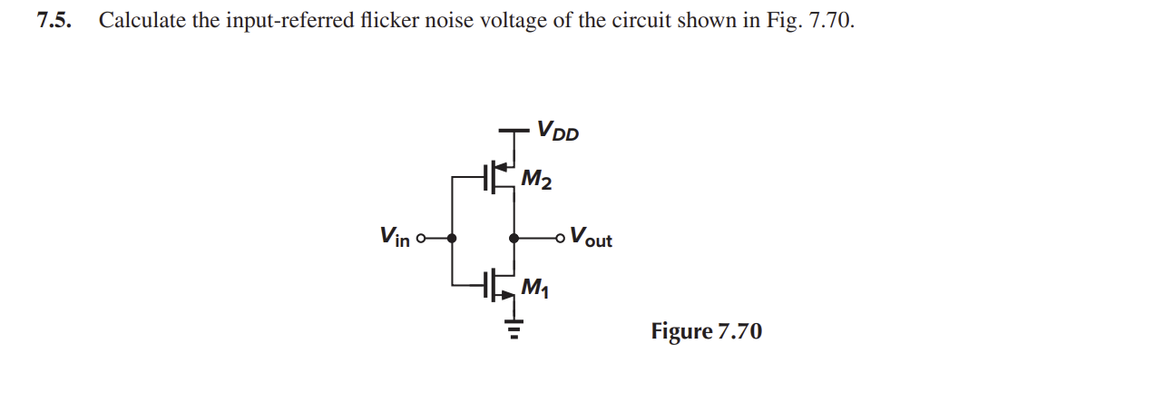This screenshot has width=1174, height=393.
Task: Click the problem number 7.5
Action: [54, 21]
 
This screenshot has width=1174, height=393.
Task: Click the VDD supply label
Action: [558, 131]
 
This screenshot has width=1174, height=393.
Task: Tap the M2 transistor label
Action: [536, 180]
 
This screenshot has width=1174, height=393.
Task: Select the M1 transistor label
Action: [535, 287]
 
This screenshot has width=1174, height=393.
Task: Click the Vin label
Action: [395, 236]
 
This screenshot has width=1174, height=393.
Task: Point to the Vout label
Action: [591, 236]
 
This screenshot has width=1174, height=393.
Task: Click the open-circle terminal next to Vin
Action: [421, 239]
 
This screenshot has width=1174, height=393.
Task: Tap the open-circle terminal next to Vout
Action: [561, 239]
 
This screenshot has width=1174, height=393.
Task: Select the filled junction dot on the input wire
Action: [452, 239]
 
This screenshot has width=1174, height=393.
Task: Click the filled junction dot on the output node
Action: [514, 239]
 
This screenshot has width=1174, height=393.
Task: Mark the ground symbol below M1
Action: [514, 329]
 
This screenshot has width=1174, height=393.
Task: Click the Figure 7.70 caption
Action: [707, 331]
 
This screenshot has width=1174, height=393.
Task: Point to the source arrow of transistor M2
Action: [502, 168]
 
